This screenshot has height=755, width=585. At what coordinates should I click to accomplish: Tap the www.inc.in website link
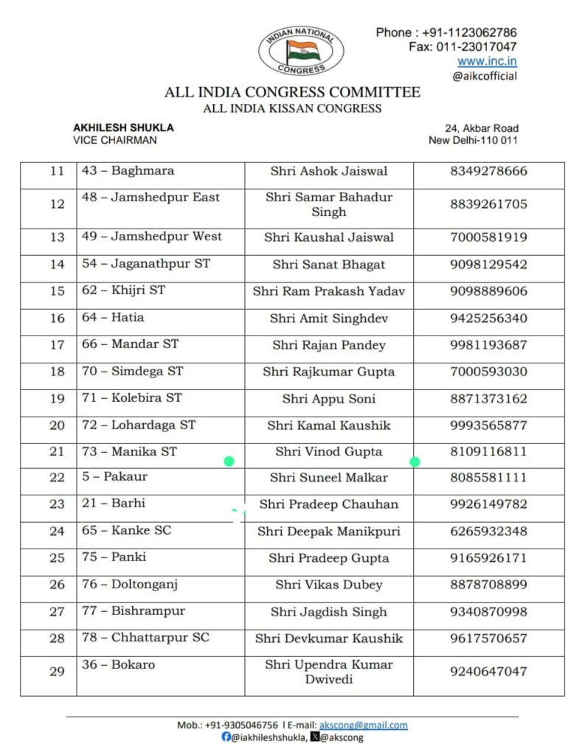point(487,61)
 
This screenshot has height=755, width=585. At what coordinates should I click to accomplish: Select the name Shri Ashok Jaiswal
point(328,171)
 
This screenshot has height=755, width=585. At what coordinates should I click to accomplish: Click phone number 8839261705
point(488,204)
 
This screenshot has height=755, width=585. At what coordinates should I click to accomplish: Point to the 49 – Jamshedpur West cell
point(151,237)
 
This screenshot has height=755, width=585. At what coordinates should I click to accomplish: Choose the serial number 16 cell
point(57,319)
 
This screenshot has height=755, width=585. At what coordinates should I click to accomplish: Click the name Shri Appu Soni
point(328,399)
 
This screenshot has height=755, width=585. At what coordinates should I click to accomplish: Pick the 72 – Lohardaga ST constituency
point(139,425)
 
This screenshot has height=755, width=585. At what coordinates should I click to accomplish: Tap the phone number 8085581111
point(488,478)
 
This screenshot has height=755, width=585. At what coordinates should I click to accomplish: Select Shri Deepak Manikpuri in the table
point(328,532)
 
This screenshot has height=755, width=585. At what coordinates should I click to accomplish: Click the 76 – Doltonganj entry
point(130,585)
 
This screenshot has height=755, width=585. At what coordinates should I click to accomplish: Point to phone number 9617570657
point(488,639)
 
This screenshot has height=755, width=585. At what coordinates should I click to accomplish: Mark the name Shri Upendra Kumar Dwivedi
point(328,672)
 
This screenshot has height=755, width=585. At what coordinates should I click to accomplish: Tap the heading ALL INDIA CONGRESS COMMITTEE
point(292,93)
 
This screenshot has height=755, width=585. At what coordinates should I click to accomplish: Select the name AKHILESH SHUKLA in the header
point(123,128)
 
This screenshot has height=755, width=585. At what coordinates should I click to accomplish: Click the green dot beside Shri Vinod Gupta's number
point(415,462)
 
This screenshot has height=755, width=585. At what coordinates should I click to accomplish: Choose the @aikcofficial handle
point(485,76)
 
